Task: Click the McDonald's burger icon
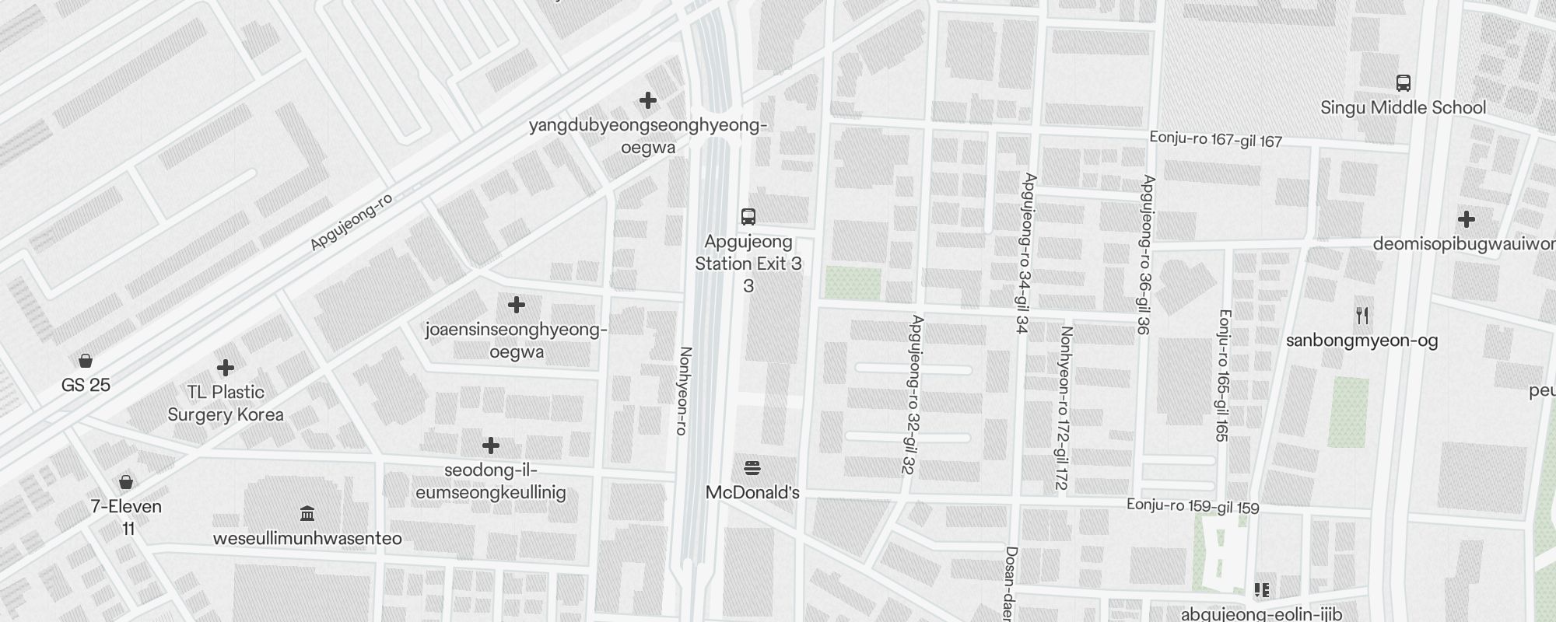click(x=752, y=468)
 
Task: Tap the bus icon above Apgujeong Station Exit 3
click(x=748, y=216)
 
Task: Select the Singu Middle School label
click(x=1403, y=107)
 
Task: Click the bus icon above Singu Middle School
click(x=1404, y=83)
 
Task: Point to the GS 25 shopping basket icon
click(x=86, y=361)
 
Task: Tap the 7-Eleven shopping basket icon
click(x=126, y=482)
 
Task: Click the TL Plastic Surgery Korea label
click(x=226, y=403)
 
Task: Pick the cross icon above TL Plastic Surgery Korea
click(x=226, y=367)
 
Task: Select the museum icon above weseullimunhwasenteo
click(x=307, y=514)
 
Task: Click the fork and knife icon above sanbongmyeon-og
click(x=1361, y=316)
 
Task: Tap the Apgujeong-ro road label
click(x=351, y=222)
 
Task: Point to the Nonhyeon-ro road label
click(x=684, y=390)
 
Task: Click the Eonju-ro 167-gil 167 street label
click(x=1215, y=139)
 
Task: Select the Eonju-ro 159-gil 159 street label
click(x=1192, y=506)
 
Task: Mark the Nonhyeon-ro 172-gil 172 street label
click(x=1063, y=407)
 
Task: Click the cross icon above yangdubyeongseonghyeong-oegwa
click(x=647, y=100)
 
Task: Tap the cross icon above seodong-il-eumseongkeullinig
click(x=490, y=446)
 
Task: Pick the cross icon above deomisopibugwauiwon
click(x=1467, y=219)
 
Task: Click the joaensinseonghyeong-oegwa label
click(x=517, y=341)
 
